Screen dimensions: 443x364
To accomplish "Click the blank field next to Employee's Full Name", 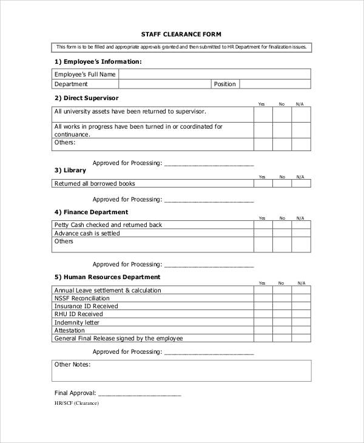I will tap(214, 75).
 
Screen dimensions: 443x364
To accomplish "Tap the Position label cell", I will tap(225, 84).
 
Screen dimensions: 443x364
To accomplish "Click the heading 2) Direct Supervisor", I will tap(87, 98).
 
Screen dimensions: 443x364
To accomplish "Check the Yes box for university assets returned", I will tap(262, 115).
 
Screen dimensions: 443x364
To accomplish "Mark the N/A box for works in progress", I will tap(300, 130).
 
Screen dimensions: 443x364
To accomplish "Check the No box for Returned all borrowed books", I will tap(281, 183).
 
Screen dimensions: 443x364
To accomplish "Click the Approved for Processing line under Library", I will tap(209, 199).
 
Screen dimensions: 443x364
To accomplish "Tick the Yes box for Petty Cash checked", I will tap(262, 225).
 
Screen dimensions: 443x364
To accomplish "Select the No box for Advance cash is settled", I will tap(281, 233).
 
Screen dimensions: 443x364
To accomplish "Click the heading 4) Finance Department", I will tap(91, 212).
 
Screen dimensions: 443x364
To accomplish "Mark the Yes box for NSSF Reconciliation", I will tap(262, 298).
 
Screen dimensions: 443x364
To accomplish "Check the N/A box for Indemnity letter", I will tap(300, 322).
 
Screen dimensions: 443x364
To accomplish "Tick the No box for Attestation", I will tap(281, 330).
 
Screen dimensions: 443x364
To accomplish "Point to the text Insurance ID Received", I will tap(87, 306).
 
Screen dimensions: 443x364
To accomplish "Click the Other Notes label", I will tap(72, 364).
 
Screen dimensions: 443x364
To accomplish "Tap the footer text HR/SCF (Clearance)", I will tap(76, 403).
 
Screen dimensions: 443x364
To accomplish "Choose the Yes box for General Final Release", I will tap(262, 339).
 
